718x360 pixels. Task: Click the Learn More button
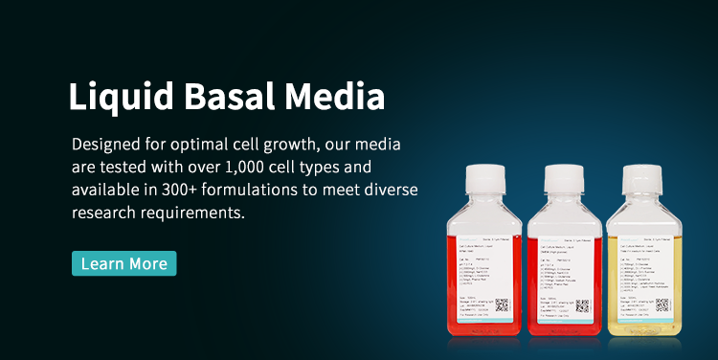124,263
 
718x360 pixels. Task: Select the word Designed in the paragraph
107,144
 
